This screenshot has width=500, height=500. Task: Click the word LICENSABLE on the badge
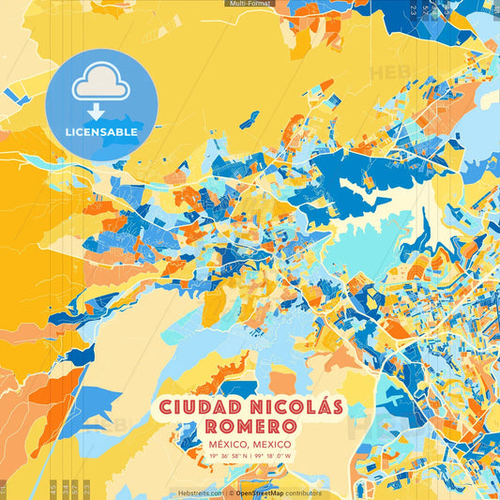pos(101,132)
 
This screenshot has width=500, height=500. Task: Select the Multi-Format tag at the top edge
pos(250,4)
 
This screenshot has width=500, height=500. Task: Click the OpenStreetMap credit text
pos(265,492)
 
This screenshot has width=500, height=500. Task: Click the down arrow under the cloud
pos(101,111)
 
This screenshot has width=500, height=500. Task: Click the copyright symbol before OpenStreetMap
pos(231,492)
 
